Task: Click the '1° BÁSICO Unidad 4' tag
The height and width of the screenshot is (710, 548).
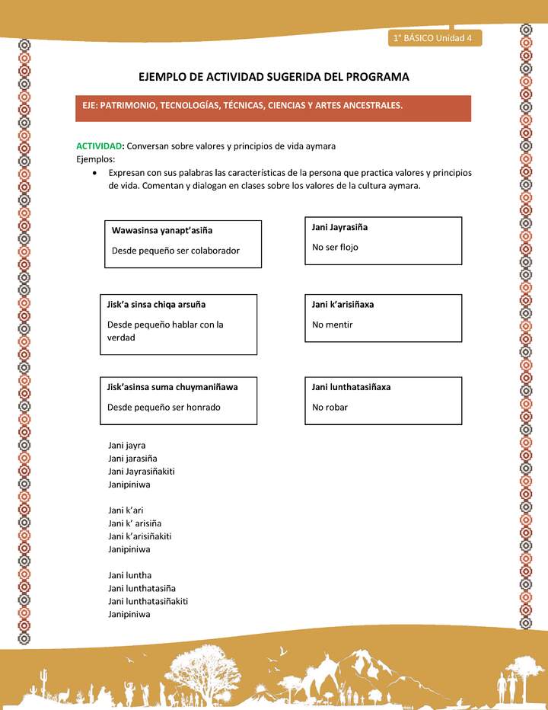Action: point(432,37)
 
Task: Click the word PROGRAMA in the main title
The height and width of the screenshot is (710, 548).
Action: point(374,77)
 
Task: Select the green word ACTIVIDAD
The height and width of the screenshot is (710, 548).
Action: point(100,146)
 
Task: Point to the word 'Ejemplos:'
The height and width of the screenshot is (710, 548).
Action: point(96,159)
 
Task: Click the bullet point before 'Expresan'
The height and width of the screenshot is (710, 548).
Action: point(93,173)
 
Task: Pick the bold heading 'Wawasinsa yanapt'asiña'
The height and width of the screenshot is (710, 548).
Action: point(162,230)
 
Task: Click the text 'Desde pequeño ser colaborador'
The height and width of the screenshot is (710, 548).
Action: point(176,251)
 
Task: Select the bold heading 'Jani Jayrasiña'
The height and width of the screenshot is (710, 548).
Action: point(339,227)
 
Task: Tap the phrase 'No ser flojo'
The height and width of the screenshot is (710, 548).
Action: point(335,247)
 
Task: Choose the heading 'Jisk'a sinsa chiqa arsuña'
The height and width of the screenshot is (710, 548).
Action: point(157,304)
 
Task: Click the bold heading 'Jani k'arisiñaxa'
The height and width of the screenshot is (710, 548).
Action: point(342,304)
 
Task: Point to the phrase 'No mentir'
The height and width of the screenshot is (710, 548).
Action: point(333,325)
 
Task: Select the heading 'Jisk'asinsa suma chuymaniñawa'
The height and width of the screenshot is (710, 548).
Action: point(173,386)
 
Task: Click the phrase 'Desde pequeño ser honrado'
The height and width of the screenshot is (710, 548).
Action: point(164,407)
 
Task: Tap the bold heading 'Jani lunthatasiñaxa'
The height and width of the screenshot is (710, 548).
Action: point(351,386)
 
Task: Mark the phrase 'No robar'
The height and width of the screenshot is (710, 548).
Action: point(330,407)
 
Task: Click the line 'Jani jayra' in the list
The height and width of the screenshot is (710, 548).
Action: point(127,445)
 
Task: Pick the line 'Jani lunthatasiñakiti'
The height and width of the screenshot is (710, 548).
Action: point(148,601)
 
